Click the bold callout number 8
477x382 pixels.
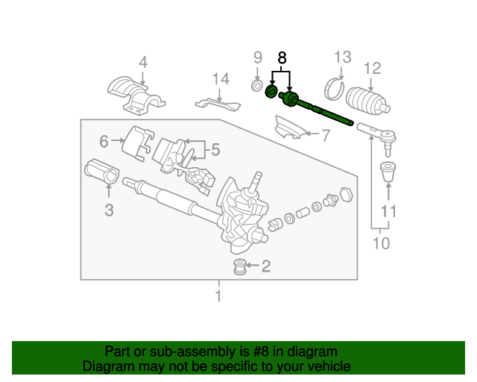tap(282, 58)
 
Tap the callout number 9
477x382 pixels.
tap(258, 57)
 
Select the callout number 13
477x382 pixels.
tap(343, 57)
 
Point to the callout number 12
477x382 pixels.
tap(373, 68)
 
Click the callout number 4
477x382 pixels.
tap(143, 62)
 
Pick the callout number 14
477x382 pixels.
tap(221, 79)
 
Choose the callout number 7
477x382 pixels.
tap(326, 135)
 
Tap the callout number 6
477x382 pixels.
tap(104, 141)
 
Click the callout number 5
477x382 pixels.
tap(215, 150)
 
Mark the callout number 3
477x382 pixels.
tap(110, 210)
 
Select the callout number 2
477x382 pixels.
tap(266, 266)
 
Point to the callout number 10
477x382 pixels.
tap(381, 243)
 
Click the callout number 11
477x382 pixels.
tap(388, 211)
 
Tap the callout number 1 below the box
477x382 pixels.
tap(218, 295)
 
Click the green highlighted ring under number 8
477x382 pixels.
tap(271, 92)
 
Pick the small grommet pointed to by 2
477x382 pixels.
tap(240, 266)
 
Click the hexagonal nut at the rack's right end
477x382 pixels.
tap(346, 195)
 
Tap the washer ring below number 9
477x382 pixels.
tap(257, 86)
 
